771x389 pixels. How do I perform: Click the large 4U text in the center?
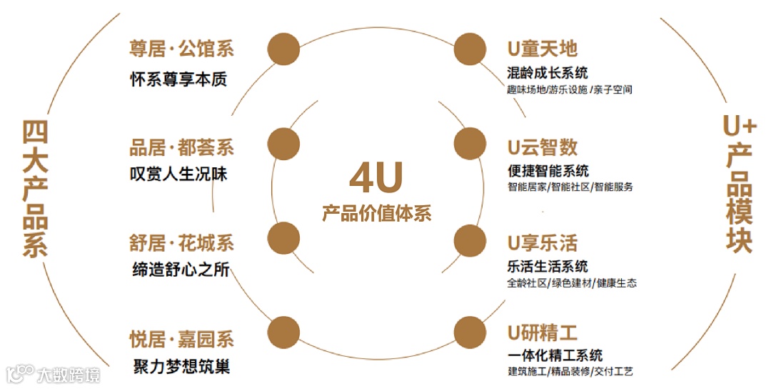[376, 178]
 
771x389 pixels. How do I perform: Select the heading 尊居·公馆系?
[181, 49]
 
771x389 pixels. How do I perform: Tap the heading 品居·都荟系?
[181, 148]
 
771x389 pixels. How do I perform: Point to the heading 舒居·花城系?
[181, 243]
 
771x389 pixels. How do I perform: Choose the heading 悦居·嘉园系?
[181, 339]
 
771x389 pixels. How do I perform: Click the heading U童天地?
[543, 49]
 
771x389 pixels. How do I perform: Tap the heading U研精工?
[543, 333]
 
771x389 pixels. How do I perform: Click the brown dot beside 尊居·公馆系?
[283, 49]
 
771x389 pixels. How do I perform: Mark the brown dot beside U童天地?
[470, 49]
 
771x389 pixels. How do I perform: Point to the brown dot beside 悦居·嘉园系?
[283, 333]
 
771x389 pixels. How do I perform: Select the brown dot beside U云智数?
[470, 143]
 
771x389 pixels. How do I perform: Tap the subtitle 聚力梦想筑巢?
[181, 368]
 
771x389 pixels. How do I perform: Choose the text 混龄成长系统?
[548, 73]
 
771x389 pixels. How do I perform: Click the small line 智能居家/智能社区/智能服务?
[570, 187]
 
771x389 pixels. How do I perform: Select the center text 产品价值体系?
[376, 213]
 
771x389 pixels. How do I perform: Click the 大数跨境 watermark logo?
[54, 374]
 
